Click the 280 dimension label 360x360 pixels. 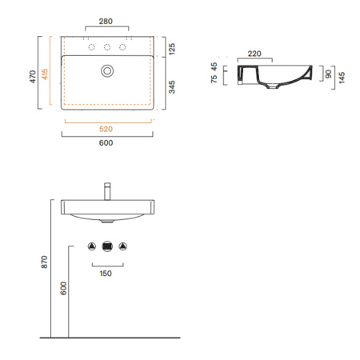coord(106,22)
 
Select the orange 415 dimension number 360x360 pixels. coord(45,74)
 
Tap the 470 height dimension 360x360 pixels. coord(33,77)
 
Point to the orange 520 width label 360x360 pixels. coord(106,129)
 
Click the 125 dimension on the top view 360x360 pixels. coord(172,49)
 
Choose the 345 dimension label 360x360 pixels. coord(172,87)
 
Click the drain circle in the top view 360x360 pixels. coord(107,71)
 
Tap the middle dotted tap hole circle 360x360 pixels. coord(107,47)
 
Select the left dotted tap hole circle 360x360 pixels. coord(92,47)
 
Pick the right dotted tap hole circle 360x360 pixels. coord(122,47)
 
